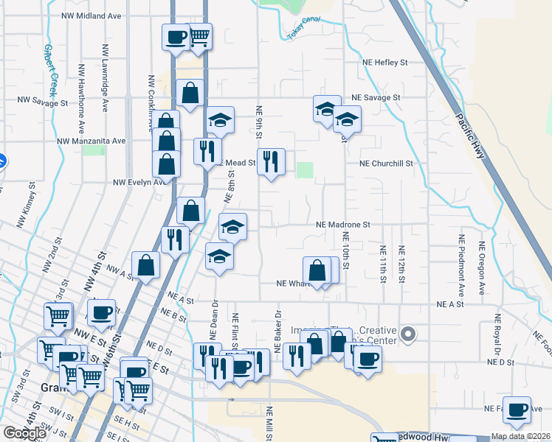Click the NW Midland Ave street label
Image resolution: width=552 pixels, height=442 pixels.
pyautogui.click(x=91, y=15)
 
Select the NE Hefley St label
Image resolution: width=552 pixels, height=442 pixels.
pyautogui.click(x=384, y=63)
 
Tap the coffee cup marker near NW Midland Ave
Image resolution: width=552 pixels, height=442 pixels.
pyautogui.click(x=176, y=37)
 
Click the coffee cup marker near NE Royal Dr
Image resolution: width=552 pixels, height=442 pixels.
pyautogui.click(x=517, y=410)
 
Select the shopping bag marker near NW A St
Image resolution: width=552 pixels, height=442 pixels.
pyautogui.click(x=146, y=265)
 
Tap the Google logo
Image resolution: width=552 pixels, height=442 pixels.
pyautogui.click(x=24, y=433)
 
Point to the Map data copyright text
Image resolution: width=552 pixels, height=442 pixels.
pyautogui.click(x=521, y=436)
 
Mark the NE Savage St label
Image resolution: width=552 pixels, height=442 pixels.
pyautogui.click(x=376, y=97)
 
